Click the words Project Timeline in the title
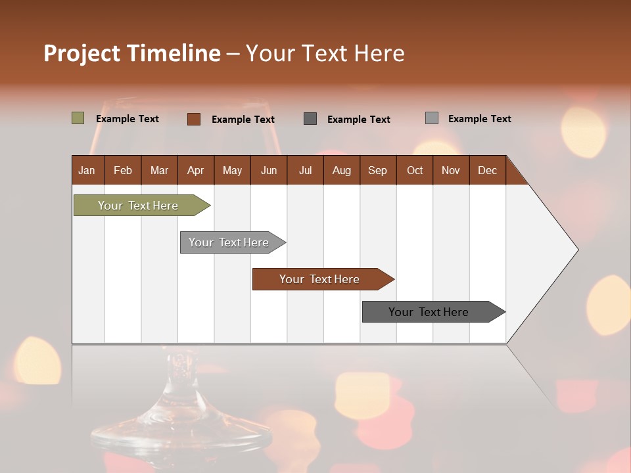pyautogui.click(x=131, y=53)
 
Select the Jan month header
pyautogui.click(x=87, y=170)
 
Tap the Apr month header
pyautogui.click(x=195, y=170)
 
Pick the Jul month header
pyautogui.click(x=305, y=170)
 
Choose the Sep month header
pyautogui.click(x=377, y=170)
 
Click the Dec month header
pyautogui.click(x=487, y=170)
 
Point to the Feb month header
pyautogui.click(x=123, y=170)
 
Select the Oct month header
pyautogui.click(x=415, y=170)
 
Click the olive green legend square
pyautogui.click(x=78, y=118)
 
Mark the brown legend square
pyautogui.click(x=193, y=119)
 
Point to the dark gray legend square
pyautogui.click(x=310, y=119)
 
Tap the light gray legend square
pyautogui.click(x=431, y=118)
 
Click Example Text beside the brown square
pyautogui.click(x=243, y=120)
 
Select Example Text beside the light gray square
pyautogui.click(x=479, y=119)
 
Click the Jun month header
pyautogui.click(x=269, y=170)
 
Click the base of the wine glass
pyautogui.click(x=181, y=434)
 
